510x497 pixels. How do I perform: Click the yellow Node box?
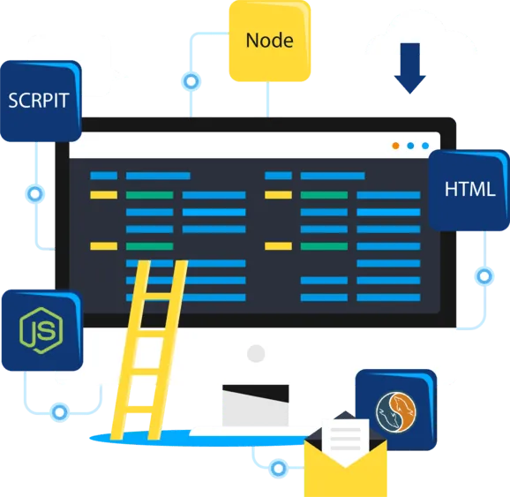(x=270, y=41)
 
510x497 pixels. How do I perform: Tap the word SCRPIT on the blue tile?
(x=38, y=101)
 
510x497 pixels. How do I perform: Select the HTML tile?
(x=469, y=191)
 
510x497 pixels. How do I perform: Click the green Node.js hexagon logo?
(x=41, y=330)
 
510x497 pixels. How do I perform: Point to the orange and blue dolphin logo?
(x=396, y=412)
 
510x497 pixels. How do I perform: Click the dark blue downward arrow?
(x=409, y=68)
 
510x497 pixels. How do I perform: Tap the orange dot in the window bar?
(x=395, y=146)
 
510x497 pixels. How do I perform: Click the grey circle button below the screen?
(x=256, y=353)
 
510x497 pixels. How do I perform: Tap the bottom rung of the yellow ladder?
(x=142, y=410)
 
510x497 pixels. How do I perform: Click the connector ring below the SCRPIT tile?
(x=35, y=194)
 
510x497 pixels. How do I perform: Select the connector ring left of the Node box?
(x=191, y=81)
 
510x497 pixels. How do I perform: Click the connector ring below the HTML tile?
(x=484, y=276)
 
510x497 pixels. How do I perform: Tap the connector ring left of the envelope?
(x=278, y=469)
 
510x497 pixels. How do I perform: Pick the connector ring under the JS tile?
(x=59, y=412)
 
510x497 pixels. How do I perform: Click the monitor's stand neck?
(x=255, y=405)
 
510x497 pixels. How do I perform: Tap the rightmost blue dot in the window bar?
(x=425, y=146)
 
